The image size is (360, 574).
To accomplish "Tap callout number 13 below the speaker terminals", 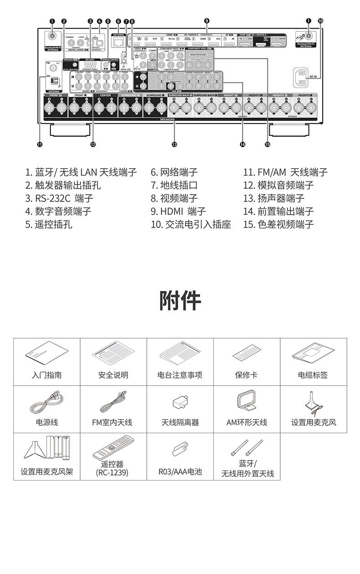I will coord(174,144).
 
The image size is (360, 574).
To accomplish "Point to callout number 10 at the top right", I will coord(320,21).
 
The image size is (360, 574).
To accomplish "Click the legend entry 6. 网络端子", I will coord(174,172).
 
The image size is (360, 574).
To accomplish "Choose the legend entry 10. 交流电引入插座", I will coord(191,224).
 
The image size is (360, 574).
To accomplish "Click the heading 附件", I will coord(180,300).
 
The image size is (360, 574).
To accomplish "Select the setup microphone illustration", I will coord(314,402).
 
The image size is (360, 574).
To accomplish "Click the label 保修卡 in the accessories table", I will coord(247,375).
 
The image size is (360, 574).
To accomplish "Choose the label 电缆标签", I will coord(313,375).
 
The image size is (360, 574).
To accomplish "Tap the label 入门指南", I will coord(47,375).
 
